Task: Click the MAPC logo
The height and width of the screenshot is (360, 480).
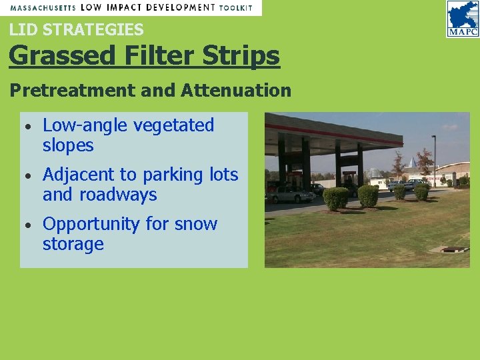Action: point(463,18)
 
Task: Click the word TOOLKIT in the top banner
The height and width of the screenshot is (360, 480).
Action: point(236,7)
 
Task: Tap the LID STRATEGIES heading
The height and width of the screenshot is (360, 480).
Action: point(76,30)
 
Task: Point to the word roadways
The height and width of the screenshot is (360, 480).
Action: point(118,195)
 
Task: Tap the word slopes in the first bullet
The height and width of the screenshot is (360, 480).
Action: point(68,145)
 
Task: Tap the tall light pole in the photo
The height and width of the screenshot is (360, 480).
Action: point(434,160)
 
